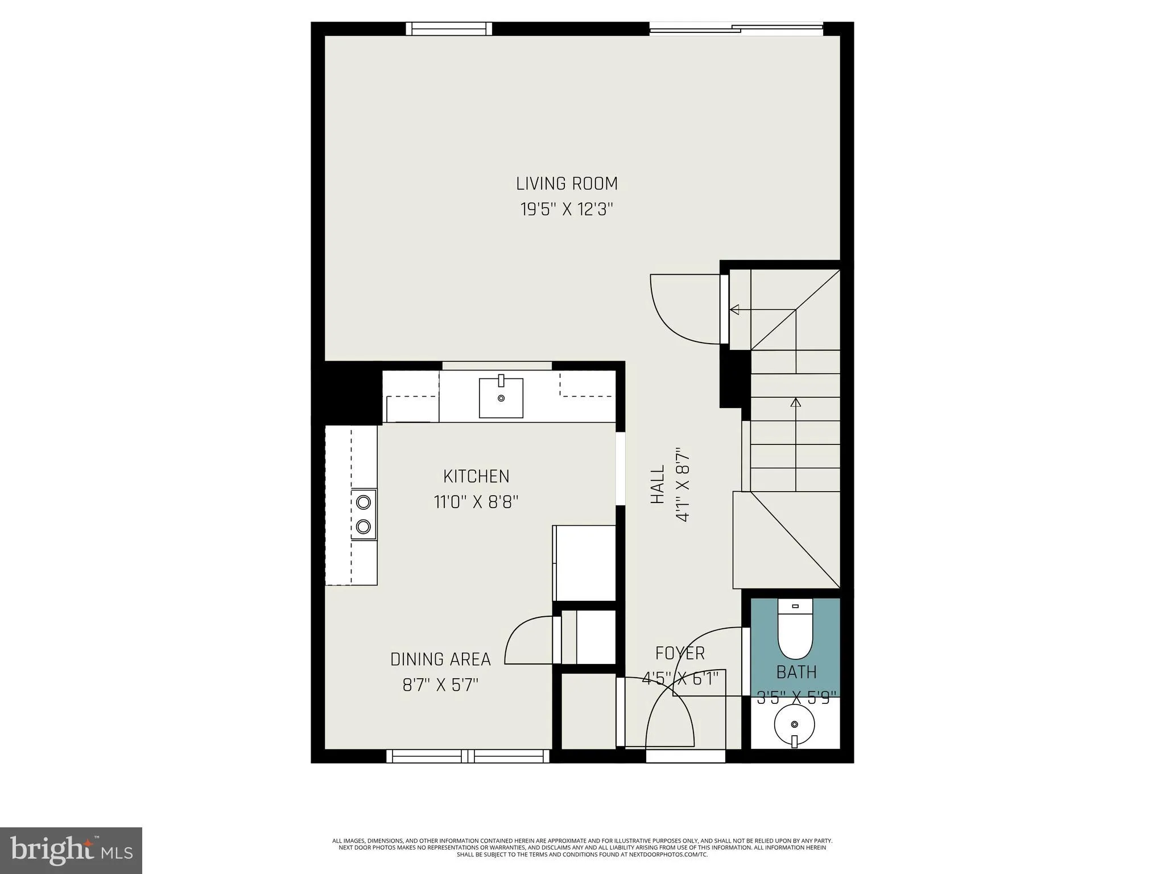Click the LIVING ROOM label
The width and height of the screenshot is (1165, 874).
567,184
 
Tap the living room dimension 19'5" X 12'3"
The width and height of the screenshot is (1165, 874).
567,210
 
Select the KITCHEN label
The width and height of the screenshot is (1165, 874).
476,476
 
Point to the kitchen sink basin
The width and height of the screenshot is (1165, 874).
501,398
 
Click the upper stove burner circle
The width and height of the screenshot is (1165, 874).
363,502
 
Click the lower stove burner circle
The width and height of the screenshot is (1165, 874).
363,526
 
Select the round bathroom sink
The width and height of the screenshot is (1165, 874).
795,724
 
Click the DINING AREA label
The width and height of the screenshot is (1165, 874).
440,659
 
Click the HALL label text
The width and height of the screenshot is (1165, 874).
658,484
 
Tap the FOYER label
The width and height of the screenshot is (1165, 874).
680,653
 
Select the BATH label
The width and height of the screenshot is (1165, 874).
796,673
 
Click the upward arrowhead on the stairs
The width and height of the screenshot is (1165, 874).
796,403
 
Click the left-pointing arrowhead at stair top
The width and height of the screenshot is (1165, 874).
734,310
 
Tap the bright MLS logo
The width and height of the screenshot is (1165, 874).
71,850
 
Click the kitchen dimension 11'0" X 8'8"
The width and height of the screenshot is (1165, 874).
476,502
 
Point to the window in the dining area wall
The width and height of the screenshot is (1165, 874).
468,756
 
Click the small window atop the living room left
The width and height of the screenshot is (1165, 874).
449,28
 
